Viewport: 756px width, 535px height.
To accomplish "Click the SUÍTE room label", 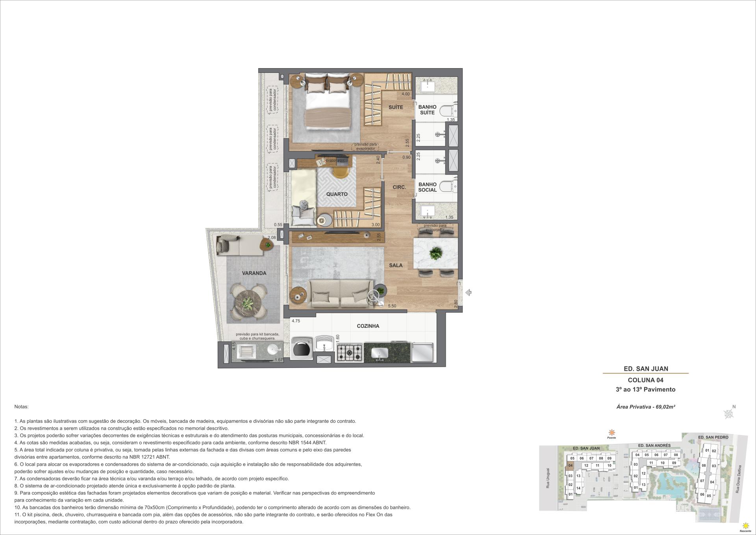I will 396,107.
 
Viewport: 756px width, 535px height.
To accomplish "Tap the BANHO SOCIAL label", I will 427,187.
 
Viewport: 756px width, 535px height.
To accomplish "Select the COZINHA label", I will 368,326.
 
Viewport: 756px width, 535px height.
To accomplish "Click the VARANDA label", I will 254,273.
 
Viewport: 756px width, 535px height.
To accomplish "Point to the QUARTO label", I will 337,194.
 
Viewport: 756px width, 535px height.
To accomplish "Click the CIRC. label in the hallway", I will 399,187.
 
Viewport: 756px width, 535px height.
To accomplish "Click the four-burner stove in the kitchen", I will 348,353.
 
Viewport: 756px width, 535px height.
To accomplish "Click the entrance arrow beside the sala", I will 468,293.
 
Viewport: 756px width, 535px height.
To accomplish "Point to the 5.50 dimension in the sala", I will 392,306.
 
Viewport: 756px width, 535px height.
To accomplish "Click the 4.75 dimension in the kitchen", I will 296,321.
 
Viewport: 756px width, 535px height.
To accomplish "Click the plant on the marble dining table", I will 435,253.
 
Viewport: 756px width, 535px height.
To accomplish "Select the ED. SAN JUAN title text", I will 646,369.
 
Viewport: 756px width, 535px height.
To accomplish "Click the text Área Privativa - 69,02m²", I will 646,407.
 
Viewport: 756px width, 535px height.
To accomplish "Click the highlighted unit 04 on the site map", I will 570,466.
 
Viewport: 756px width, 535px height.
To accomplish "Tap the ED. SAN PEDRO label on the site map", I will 713,437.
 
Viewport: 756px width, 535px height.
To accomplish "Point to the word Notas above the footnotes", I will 22,407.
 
